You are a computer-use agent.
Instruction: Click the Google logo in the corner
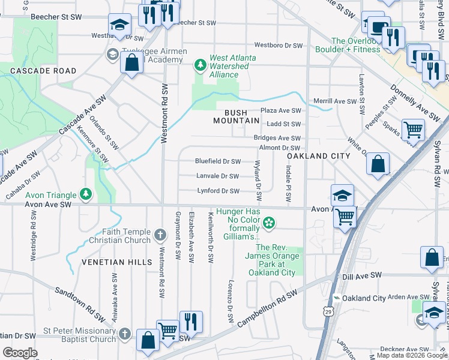click(x=20, y=353)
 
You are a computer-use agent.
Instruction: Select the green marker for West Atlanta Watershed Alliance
click(x=200, y=64)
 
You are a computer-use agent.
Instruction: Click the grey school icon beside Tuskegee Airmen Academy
click(x=112, y=55)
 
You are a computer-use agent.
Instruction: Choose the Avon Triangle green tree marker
click(x=86, y=194)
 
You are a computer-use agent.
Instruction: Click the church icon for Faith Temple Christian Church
click(x=160, y=234)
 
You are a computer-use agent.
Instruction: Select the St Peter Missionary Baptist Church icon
click(x=124, y=333)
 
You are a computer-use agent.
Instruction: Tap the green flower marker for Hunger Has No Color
click(x=269, y=223)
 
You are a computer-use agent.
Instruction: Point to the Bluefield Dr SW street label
click(x=217, y=161)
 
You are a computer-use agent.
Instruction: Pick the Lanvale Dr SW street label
click(x=217, y=176)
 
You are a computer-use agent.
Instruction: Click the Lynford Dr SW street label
click(x=218, y=191)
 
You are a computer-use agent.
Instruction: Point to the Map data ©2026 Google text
click(x=411, y=355)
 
